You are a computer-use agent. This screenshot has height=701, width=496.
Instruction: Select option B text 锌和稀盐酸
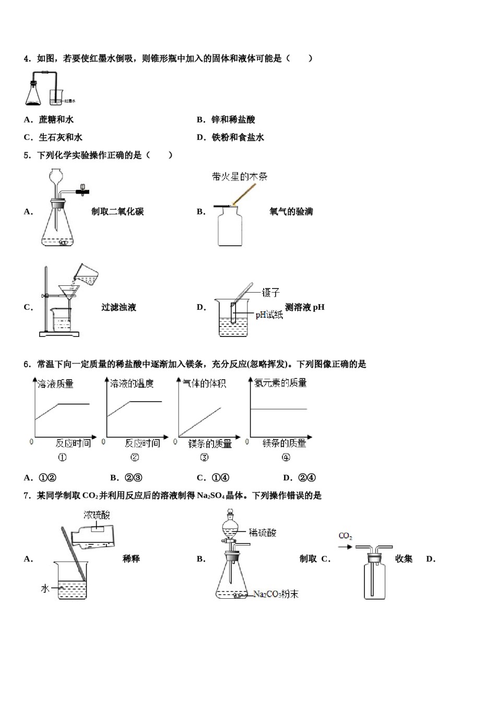[x=233, y=120]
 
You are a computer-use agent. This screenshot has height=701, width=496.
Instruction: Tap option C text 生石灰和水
[x=60, y=138]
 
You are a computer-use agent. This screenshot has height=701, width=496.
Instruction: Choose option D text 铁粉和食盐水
[x=238, y=138]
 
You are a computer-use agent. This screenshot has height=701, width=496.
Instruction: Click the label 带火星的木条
[x=240, y=177]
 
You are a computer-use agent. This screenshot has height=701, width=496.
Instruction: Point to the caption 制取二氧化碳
[x=117, y=212]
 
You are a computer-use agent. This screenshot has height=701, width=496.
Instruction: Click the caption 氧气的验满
[x=291, y=212]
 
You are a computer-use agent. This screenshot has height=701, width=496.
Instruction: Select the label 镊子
[x=271, y=293]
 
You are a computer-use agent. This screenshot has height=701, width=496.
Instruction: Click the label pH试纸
[x=269, y=315]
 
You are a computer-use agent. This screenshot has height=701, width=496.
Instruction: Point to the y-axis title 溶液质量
[x=56, y=384]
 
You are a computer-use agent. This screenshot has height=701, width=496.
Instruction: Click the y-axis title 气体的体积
[x=205, y=384]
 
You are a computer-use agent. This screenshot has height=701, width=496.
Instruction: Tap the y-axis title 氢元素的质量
[x=280, y=383]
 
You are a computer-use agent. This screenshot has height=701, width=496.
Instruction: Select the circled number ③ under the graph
[x=204, y=457]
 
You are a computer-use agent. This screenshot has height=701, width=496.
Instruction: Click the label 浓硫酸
[x=97, y=515]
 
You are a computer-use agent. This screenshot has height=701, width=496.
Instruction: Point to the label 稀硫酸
[x=262, y=533]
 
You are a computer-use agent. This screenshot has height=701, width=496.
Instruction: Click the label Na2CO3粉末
[x=276, y=594]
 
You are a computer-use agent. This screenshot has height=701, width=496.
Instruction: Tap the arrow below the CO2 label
[x=345, y=547]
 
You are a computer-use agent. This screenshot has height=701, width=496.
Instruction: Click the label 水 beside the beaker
[x=45, y=588]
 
